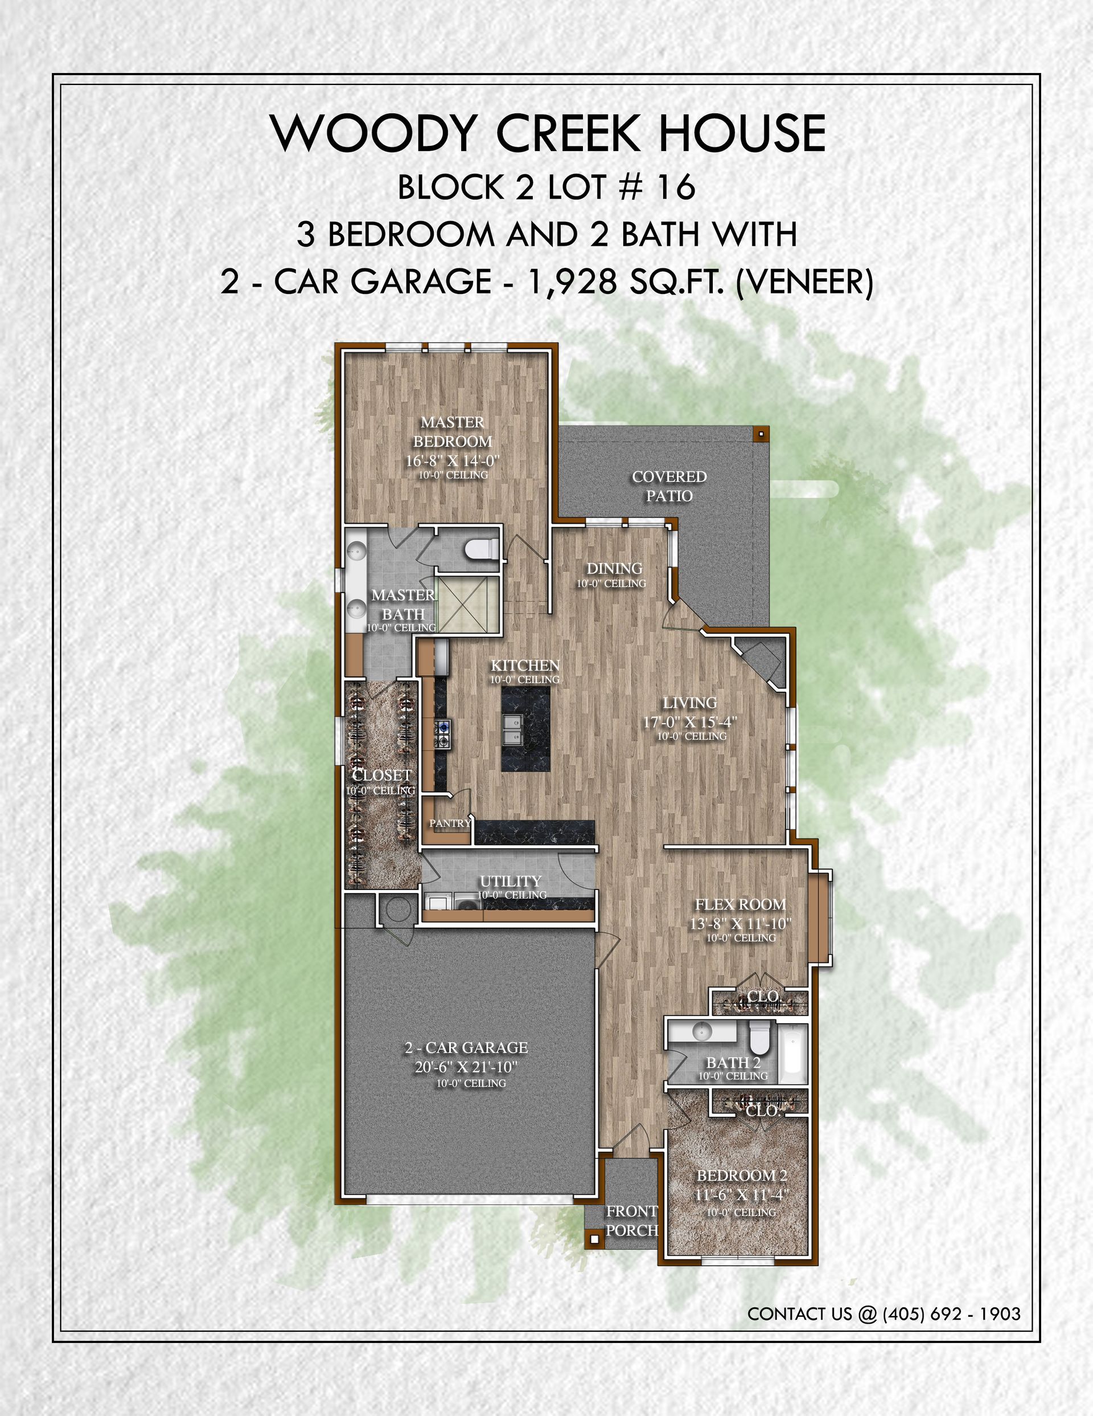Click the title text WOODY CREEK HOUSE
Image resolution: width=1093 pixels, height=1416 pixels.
[548, 133]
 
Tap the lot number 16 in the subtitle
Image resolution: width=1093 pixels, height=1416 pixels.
[676, 187]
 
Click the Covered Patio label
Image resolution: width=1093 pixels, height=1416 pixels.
[669, 486]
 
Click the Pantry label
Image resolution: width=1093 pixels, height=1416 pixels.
[450, 823]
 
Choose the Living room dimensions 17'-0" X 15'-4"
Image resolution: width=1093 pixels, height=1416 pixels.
[690, 721]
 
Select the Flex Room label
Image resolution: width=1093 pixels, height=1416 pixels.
[741, 904]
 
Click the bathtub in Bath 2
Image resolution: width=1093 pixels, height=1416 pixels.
[792, 1054]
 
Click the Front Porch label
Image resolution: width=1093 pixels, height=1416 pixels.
[632, 1220]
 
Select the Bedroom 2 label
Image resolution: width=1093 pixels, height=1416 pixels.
[742, 1176]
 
